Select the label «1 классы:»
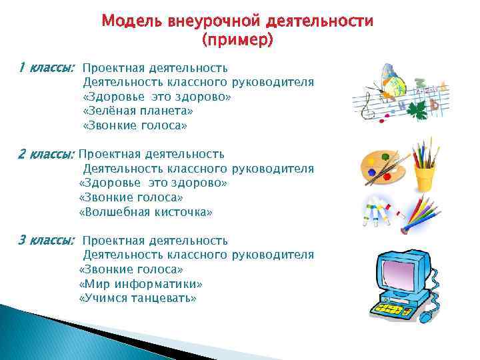[x=46, y=67]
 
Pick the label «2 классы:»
[x=46, y=154]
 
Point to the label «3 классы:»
[x=46, y=240]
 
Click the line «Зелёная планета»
[x=137, y=111]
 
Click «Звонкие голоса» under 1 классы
[x=135, y=125]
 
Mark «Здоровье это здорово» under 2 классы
[x=153, y=183]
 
